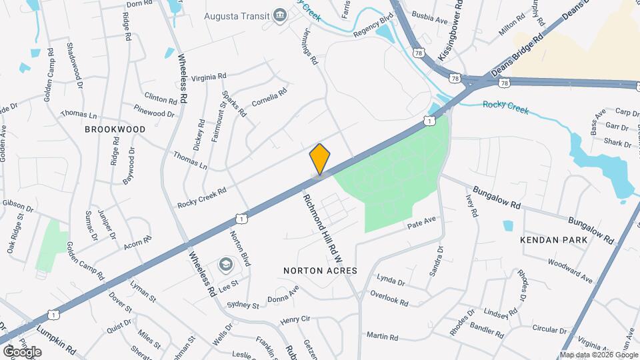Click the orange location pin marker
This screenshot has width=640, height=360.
click(320, 159)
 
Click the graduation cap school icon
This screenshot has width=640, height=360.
click(226, 265)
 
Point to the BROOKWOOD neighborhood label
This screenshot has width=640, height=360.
click(105, 129)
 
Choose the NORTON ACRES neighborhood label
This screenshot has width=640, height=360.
click(320, 271)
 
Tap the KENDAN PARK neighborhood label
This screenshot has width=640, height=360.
click(555, 239)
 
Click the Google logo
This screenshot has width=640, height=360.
click(22, 351)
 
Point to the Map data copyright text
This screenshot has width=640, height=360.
click(599, 354)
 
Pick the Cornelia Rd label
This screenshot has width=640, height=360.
click(269, 97)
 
